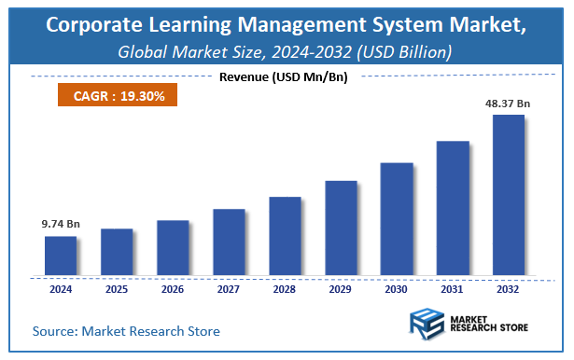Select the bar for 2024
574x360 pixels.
(x=61, y=256)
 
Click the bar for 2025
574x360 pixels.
(x=117, y=253)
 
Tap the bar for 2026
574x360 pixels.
(x=173, y=248)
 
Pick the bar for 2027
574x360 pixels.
(x=229, y=242)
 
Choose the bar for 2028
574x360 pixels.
(x=285, y=237)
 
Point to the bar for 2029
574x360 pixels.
(x=341, y=228)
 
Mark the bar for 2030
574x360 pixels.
(x=397, y=219)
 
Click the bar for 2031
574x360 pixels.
(x=453, y=209)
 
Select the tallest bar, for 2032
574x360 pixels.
(x=509, y=196)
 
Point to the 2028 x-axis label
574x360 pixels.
(x=285, y=290)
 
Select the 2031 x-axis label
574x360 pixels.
(x=453, y=290)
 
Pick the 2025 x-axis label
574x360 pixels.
(x=117, y=290)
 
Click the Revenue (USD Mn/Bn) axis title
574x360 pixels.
(x=283, y=76)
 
